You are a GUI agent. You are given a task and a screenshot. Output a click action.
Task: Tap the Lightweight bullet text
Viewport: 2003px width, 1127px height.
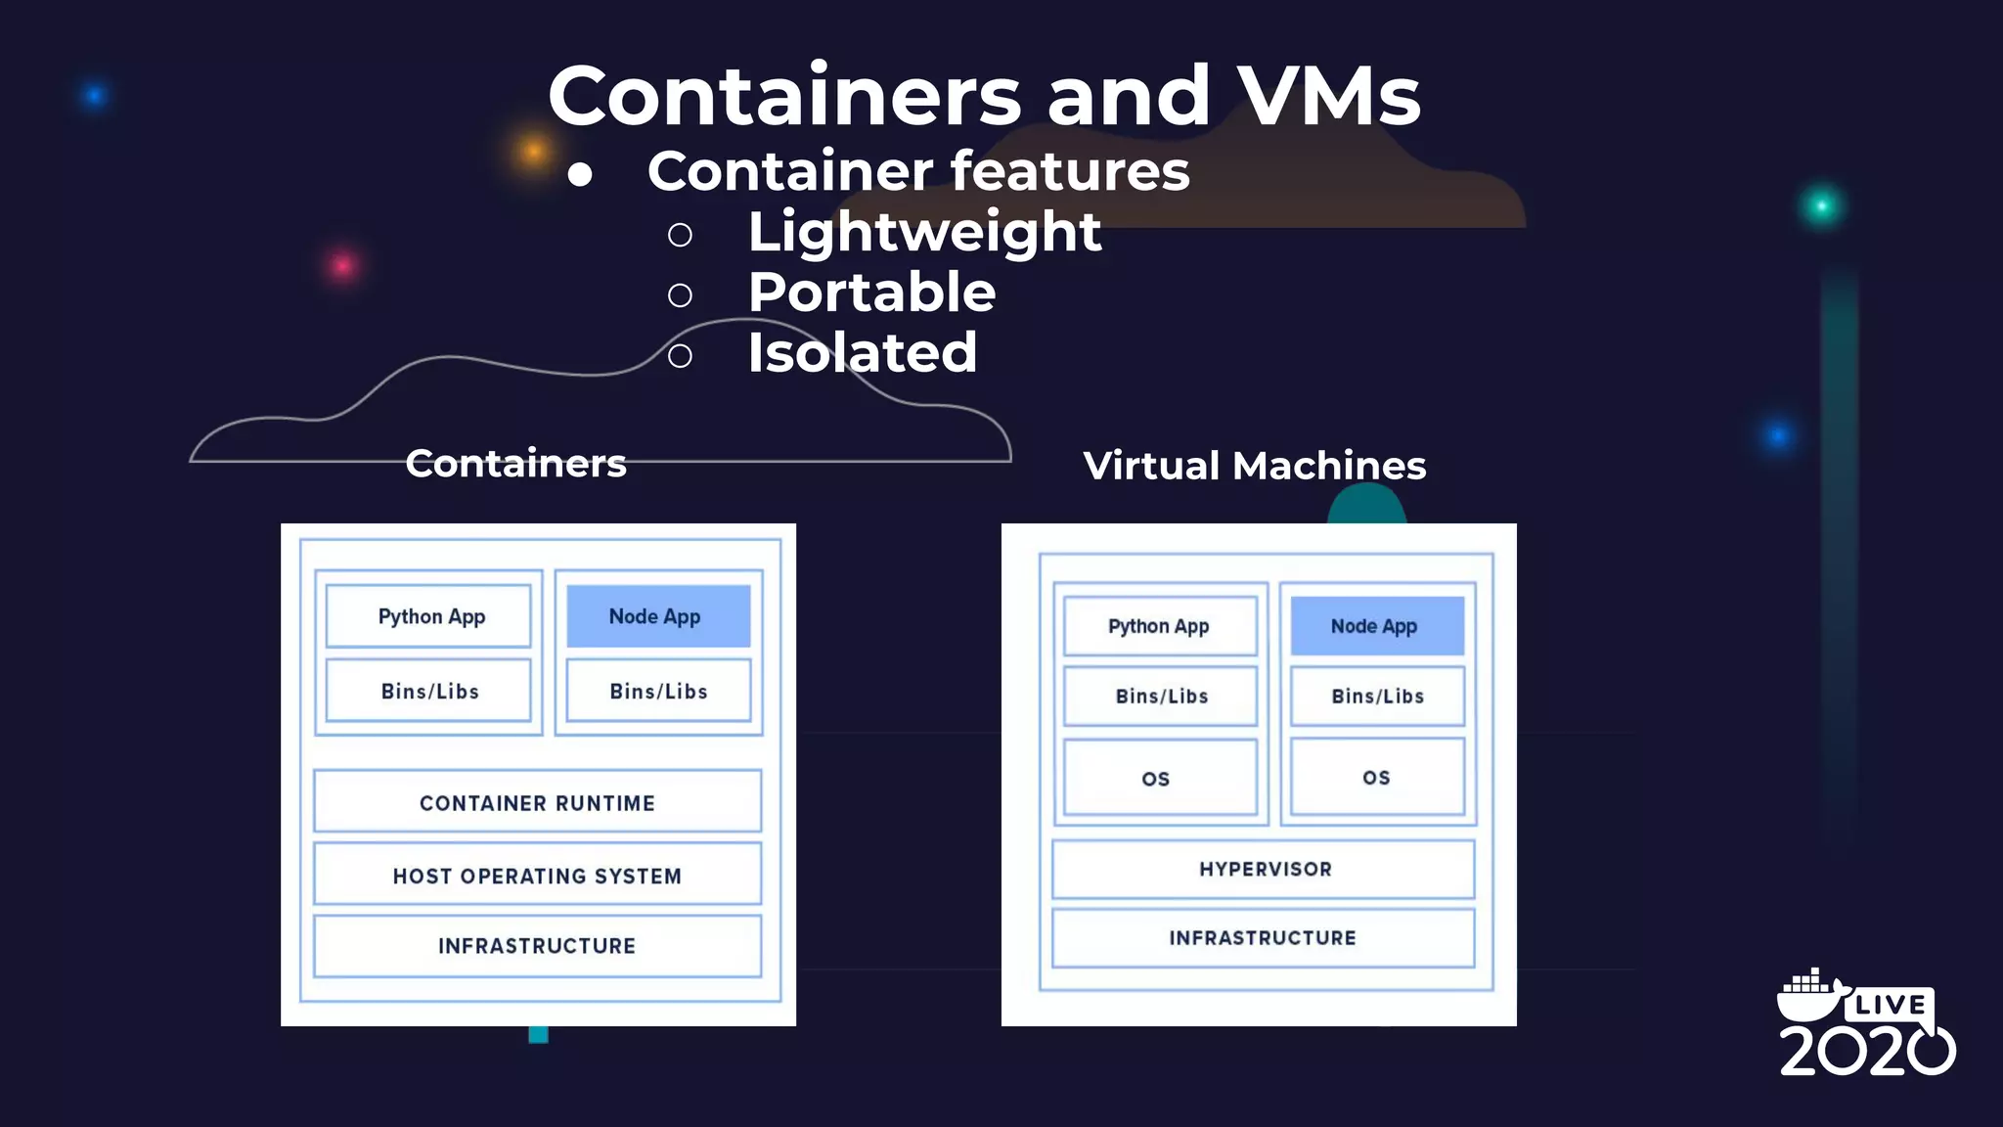[924, 233]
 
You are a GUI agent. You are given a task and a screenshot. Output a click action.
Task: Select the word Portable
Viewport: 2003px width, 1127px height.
[871, 293]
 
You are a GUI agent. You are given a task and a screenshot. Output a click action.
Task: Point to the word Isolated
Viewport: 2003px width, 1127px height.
[862, 353]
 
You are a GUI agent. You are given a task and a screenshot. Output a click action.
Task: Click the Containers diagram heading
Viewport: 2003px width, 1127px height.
[515, 464]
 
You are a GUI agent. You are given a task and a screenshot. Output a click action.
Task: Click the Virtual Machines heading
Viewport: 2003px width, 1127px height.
[1254, 466]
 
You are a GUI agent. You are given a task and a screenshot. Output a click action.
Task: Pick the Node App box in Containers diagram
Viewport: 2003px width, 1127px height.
[658, 616]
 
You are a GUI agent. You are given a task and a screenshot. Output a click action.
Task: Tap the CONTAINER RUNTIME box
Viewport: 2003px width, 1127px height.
[537, 802]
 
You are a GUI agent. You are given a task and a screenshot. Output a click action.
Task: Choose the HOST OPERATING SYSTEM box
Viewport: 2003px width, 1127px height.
[537, 876]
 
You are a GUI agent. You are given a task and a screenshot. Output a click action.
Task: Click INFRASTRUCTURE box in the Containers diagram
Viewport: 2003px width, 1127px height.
[537, 946]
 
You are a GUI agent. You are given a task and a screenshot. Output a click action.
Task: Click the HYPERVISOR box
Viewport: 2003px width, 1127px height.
[1264, 869]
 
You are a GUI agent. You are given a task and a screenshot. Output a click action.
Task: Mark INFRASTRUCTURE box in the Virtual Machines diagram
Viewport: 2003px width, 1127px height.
[1263, 938]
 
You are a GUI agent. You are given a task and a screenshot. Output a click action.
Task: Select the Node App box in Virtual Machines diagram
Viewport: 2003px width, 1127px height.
[1376, 626]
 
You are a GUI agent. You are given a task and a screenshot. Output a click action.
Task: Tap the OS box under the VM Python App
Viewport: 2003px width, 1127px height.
[1159, 778]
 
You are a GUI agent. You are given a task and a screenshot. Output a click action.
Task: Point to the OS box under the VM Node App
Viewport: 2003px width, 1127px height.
[1377, 778]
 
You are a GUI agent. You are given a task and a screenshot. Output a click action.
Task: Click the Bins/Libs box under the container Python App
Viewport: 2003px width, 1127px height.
[429, 691]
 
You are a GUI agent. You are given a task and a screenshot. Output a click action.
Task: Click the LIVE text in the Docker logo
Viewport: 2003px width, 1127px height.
[1890, 1005]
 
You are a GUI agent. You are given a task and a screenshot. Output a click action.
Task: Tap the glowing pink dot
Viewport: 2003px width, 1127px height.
[342, 265]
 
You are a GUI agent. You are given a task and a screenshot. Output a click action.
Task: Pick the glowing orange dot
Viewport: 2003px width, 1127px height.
[533, 151]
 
